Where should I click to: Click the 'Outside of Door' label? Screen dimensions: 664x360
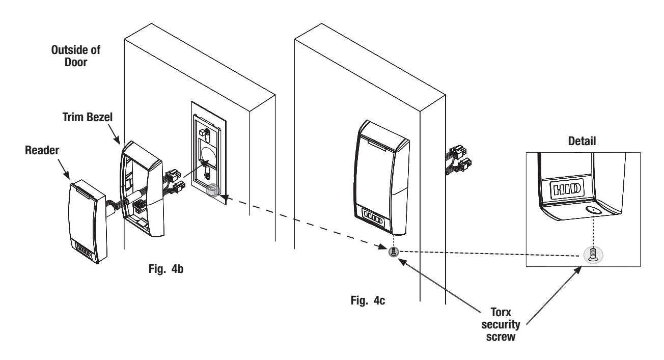pyautogui.click(x=75, y=56)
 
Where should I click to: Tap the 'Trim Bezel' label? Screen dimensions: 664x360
pyautogui.click(x=88, y=117)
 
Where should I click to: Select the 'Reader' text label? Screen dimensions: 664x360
pyautogui.click(x=42, y=150)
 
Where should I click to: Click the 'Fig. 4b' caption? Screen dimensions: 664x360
pyautogui.click(x=166, y=269)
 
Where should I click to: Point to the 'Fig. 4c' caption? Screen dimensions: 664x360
pyautogui.click(x=368, y=300)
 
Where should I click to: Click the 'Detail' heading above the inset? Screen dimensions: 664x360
pyautogui.click(x=582, y=141)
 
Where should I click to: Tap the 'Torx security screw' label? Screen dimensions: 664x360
pyautogui.click(x=501, y=324)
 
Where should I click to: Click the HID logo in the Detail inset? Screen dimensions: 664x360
pyautogui.click(x=567, y=189)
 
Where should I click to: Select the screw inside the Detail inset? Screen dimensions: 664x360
pyautogui.click(x=593, y=255)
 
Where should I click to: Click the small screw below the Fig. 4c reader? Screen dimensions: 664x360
pyautogui.click(x=394, y=252)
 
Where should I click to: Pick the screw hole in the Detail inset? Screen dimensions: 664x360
pyautogui.click(x=593, y=210)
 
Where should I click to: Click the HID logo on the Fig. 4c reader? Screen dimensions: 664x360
pyautogui.click(x=373, y=221)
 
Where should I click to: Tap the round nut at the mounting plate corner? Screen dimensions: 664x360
pyautogui.click(x=212, y=190)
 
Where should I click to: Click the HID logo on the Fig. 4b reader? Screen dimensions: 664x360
pyautogui.click(x=84, y=250)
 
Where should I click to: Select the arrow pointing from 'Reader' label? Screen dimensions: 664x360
pyautogui.click(x=64, y=169)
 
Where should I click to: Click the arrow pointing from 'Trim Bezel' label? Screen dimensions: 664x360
pyautogui.click(x=114, y=134)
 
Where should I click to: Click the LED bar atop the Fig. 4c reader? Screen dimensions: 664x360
pyautogui.click(x=377, y=145)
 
